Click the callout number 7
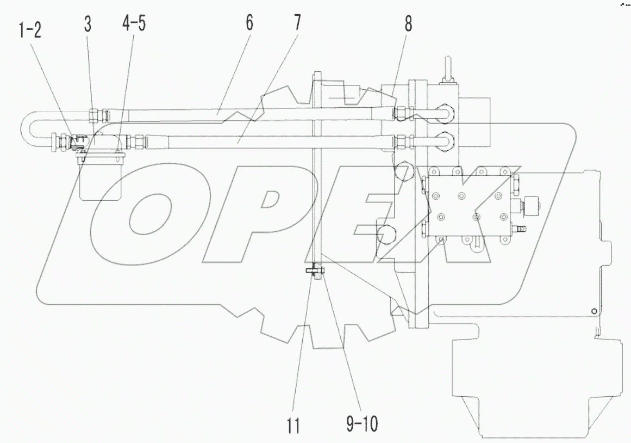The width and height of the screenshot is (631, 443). pos(297,23)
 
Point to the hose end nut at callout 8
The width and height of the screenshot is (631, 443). pos(402,113)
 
